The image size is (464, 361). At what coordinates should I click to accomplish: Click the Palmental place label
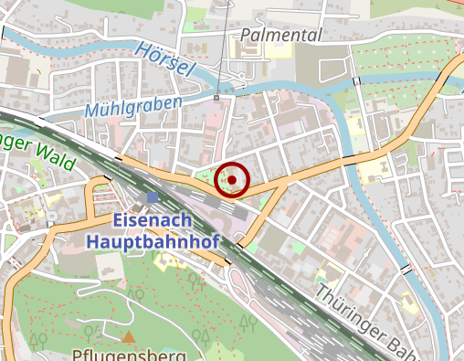coord(281,35)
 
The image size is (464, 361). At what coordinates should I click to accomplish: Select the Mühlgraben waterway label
coord(133,107)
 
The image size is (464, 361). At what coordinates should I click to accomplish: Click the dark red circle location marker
coord(233,180)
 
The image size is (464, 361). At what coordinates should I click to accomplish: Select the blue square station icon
coord(152,196)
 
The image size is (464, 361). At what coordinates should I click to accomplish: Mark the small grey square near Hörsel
coord(216,98)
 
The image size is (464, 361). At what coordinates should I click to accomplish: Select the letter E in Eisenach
coord(119,221)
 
